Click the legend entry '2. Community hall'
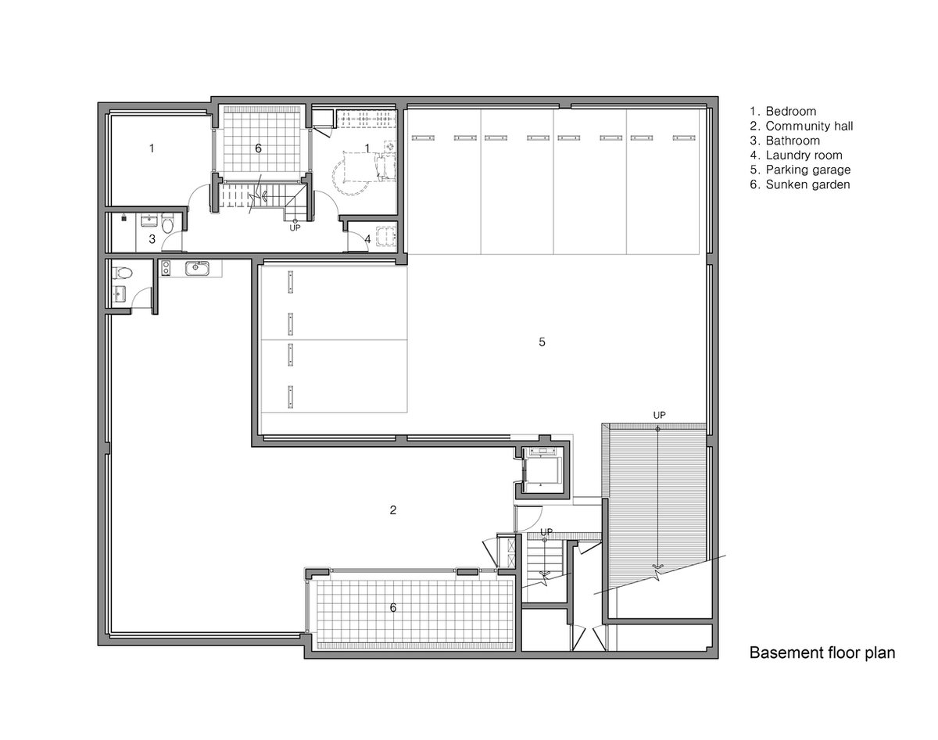point(801,126)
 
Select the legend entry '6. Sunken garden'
point(800,184)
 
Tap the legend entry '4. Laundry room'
point(796,156)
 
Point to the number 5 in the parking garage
point(542,342)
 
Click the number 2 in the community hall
point(392,510)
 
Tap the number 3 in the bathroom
point(152,239)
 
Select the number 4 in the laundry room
point(367,239)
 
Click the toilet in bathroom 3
point(167,222)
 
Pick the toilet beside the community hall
point(122,273)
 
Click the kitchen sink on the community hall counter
point(197,268)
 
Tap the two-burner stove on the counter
point(166,267)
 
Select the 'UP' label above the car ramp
point(659,416)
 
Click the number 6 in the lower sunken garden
point(392,607)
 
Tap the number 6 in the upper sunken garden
point(258,148)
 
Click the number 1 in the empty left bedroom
point(152,148)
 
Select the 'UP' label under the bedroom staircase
point(295,227)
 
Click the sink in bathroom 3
point(149,220)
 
